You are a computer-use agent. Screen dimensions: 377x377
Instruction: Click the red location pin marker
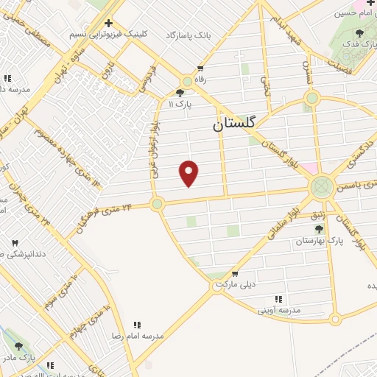(189, 173)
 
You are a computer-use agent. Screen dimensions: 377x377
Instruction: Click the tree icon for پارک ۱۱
(181, 92)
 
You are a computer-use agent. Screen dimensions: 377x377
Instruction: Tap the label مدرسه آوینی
(278, 310)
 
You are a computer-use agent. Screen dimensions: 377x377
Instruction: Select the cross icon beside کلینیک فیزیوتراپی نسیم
(108, 24)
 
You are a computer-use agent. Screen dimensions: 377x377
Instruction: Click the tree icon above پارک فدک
(359, 32)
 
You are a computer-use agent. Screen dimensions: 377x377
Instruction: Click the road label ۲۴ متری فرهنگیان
(106, 217)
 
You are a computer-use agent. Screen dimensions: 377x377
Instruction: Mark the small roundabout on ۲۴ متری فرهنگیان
(156, 204)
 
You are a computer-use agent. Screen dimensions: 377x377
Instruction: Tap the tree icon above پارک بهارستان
(319, 229)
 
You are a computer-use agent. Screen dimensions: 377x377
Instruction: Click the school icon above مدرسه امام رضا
(136, 324)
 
